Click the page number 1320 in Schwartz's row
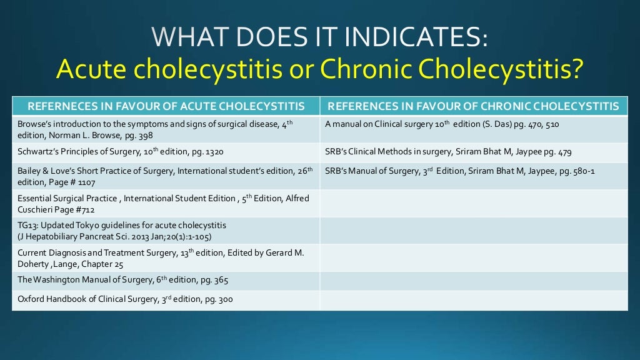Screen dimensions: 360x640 (212, 152)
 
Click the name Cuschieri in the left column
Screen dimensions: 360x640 (36, 209)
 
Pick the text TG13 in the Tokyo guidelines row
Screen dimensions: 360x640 (27, 225)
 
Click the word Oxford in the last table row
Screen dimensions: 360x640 (30, 299)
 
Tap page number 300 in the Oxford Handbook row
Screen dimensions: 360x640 (225, 299)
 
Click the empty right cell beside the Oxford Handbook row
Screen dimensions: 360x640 (474, 299)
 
